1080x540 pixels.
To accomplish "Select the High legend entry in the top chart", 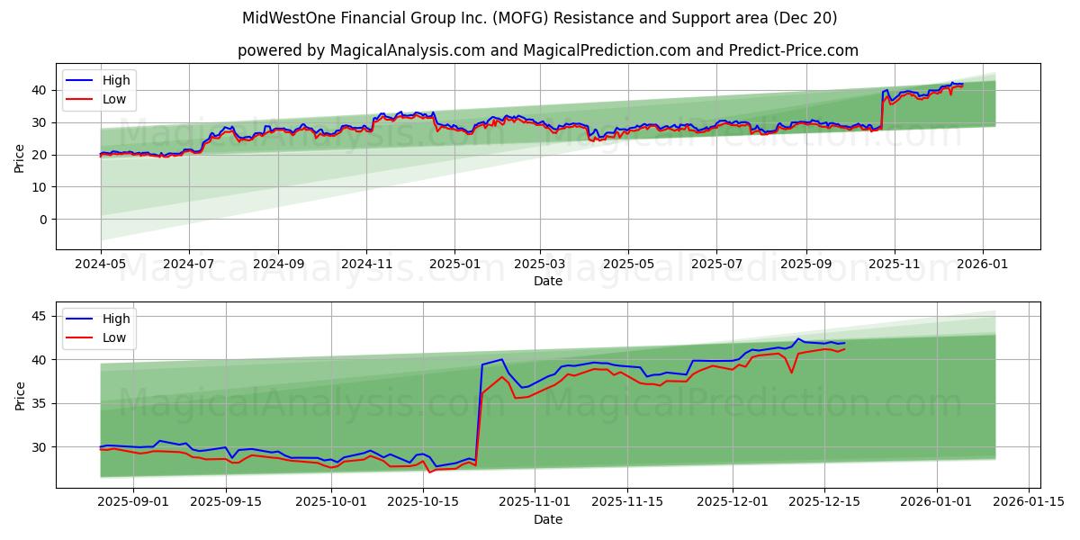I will click(x=115, y=80).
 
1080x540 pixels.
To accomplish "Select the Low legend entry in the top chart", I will click(x=114, y=99).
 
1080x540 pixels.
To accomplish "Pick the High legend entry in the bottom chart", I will click(x=115, y=319).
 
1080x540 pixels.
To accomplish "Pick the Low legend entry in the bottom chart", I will click(x=114, y=337).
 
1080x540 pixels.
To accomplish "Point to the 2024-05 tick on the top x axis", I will click(x=101, y=265).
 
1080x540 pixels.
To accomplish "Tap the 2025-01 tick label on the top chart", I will click(x=454, y=265).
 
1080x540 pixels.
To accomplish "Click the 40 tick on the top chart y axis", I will click(x=38, y=90).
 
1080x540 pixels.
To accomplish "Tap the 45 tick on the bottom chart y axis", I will click(x=38, y=316).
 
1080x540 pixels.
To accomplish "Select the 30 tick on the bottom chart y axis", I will click(x=38, y=446).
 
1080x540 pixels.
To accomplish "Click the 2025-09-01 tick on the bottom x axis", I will click(x=131, y=503).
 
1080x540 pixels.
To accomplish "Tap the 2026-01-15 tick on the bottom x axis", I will click(x=1029, y=503).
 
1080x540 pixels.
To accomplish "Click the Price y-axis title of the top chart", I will click(x=20, y=157).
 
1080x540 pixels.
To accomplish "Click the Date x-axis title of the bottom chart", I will click(x=547, y=519).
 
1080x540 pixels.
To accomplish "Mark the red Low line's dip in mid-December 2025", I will click(x=791, y=373).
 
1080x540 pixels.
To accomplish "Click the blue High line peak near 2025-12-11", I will click(x=798, y=339).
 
